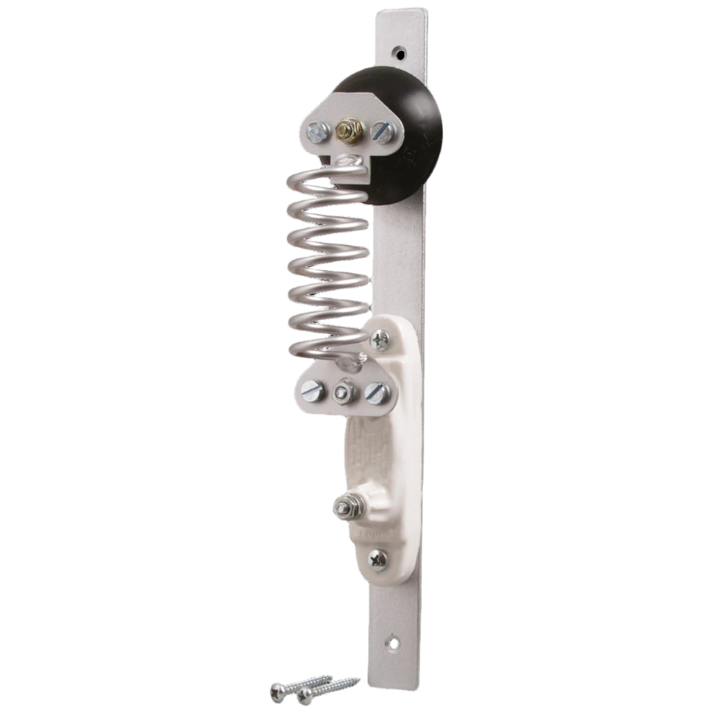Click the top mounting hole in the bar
399,54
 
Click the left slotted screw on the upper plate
317,131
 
